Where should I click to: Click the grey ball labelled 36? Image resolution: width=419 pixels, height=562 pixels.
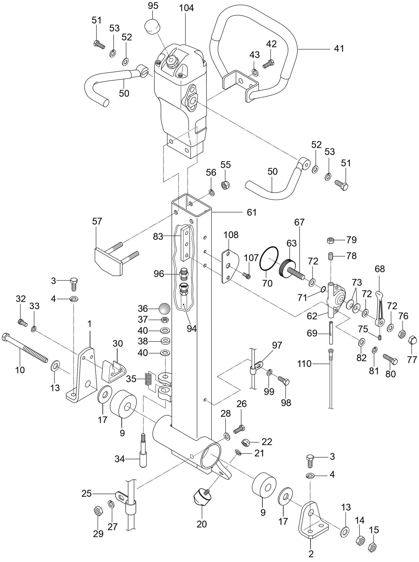[164, 308]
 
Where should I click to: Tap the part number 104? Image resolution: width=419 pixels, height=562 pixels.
[186, 8]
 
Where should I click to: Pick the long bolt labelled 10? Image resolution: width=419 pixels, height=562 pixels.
[25, 348]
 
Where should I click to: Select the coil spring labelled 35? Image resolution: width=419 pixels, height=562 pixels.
[148, 378]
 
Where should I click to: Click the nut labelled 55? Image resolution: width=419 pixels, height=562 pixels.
[225, 184]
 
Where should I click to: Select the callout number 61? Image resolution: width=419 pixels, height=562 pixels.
[251, 212]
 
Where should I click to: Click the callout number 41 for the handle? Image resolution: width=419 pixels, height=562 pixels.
[338, 48]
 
